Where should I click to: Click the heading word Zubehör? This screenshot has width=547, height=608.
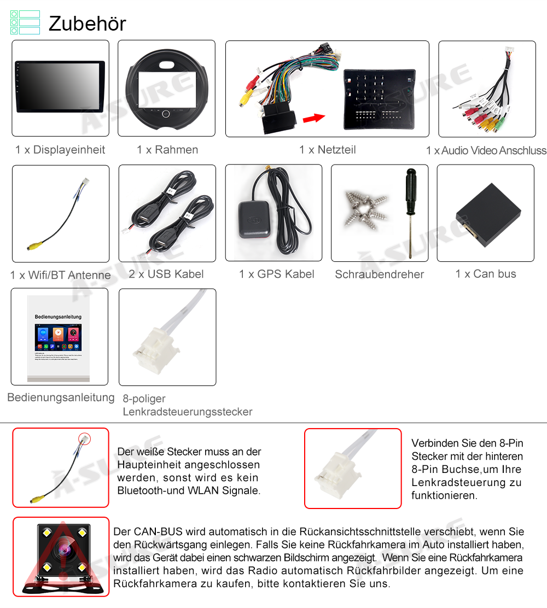tap(88, 24)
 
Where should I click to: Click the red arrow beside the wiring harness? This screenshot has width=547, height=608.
tap(313, 117)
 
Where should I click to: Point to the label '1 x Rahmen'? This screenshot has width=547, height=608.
tap(167, 150)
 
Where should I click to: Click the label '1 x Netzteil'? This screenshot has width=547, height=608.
tap(327, 150)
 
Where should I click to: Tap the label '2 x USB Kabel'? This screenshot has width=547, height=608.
tap(166, 274)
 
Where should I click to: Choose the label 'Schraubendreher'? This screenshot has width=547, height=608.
tap(380, 274)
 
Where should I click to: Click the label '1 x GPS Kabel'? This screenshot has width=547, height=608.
tap(277, 274)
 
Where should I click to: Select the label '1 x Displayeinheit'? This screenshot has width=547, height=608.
tap(60, 150)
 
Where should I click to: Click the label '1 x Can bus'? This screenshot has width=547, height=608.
tap(486, 274)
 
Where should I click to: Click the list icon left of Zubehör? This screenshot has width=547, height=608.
tap(25, 22)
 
